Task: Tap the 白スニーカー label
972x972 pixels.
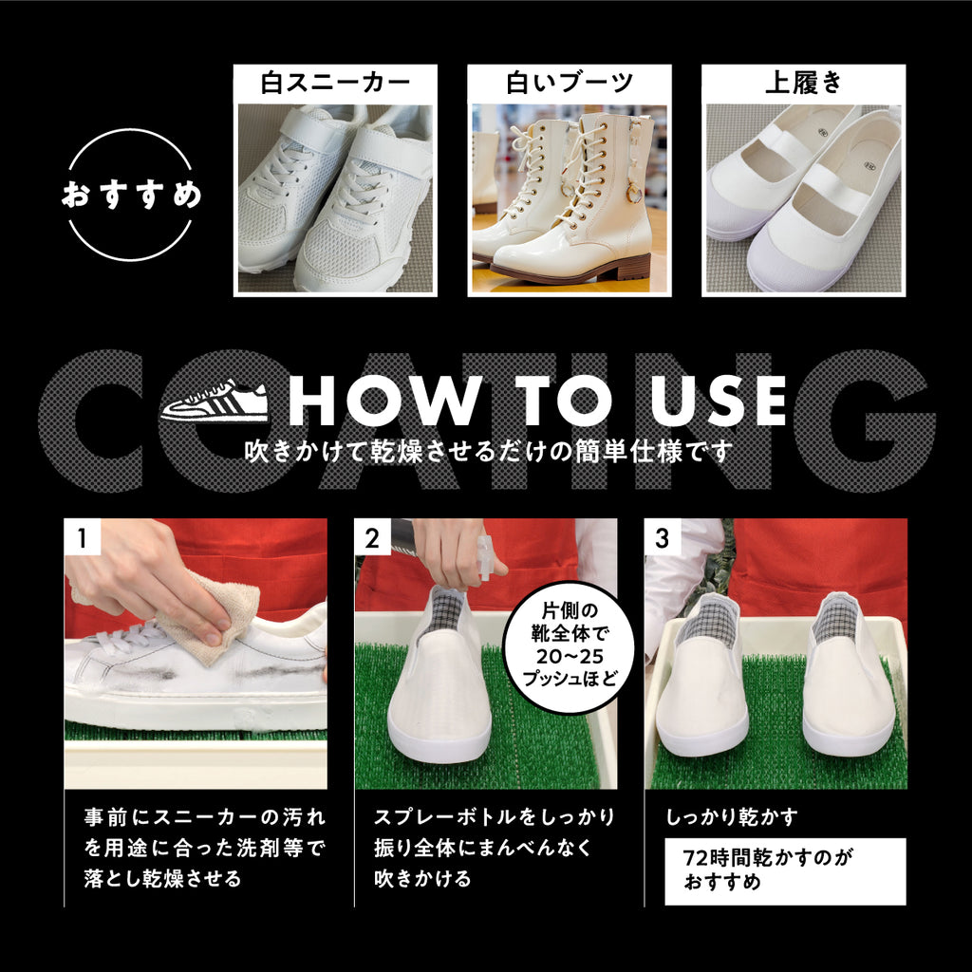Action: coord(335,84)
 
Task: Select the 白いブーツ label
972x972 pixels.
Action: coord(569,84)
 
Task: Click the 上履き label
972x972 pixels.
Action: coord(803,84)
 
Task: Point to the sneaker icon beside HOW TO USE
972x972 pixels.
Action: coord(215,401)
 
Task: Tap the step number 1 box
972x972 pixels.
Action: coord(82,537)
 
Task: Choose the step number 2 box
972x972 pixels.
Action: coord(372,537)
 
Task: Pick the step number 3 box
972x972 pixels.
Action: coord(662,537)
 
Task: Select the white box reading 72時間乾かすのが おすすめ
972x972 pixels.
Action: coord(785,870)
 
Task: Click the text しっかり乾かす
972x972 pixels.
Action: coord(732,816)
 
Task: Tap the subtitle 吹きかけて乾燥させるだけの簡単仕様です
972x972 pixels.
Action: coord(489,451)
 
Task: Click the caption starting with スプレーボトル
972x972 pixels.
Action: coord(494,847)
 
